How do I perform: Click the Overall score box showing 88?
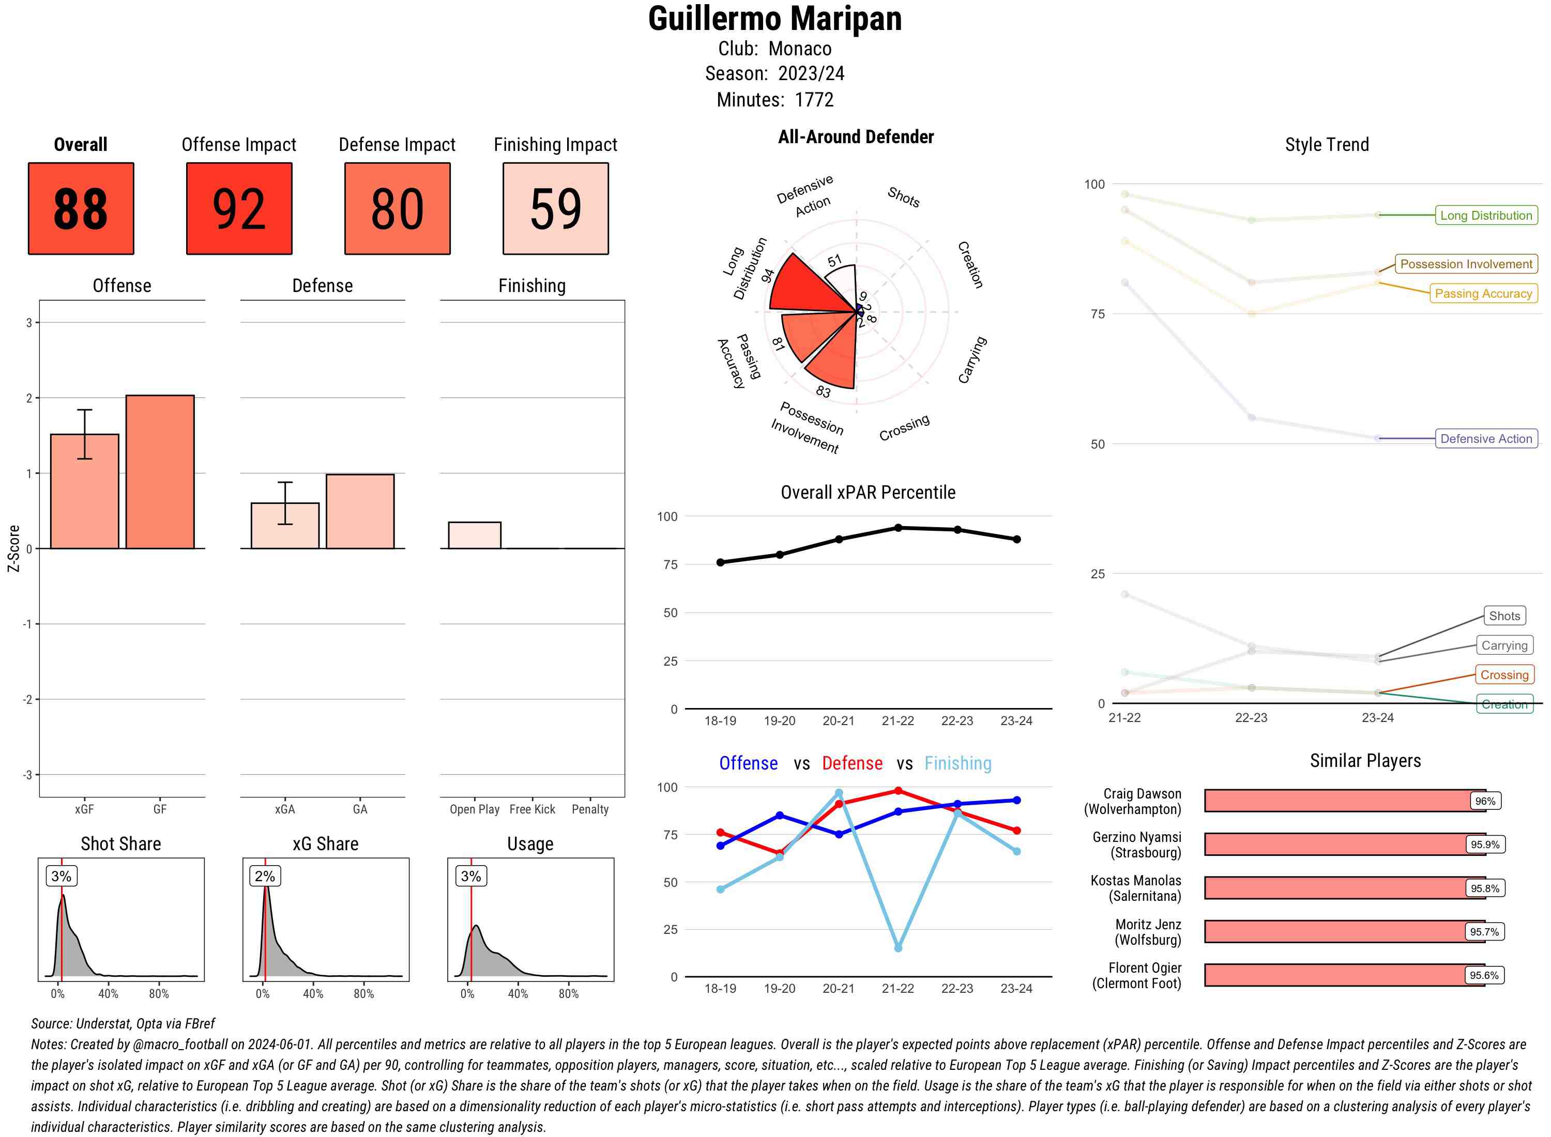81,209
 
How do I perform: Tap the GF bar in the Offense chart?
160,472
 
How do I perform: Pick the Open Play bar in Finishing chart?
474,535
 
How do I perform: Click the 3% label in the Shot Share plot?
62,876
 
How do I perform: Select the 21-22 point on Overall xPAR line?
898,528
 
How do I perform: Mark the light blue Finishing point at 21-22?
898,948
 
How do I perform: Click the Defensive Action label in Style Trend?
1486,438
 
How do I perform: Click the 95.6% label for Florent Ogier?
1484,975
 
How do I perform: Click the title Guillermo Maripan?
774,19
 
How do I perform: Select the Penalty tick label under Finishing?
590,809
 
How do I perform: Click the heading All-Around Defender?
855,137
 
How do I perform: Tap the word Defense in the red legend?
851,763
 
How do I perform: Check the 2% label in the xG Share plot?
265,876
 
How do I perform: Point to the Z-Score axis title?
13,548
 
